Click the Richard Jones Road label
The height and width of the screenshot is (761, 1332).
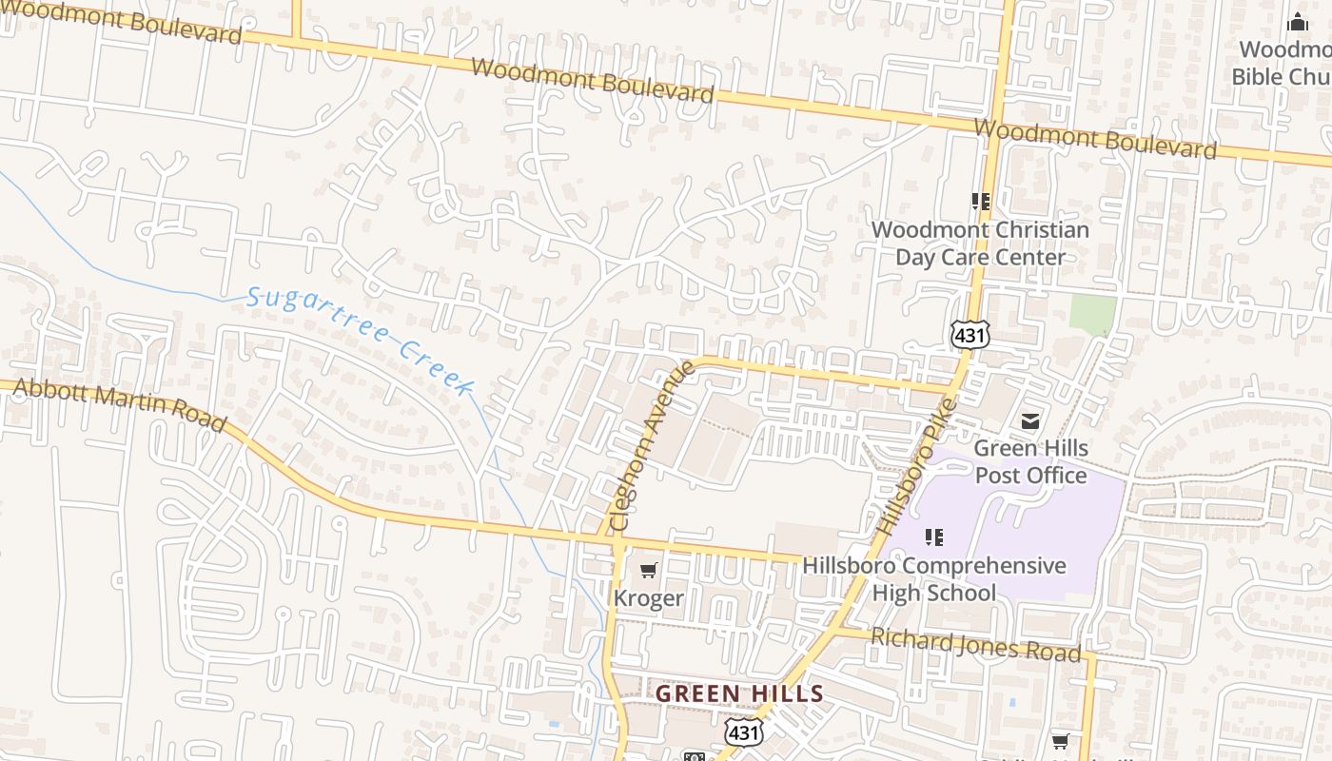pos(976,644)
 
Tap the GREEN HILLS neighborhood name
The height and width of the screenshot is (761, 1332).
pos(739,693)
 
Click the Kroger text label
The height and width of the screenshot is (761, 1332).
pos(648,598)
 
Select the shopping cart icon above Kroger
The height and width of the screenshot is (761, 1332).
pos(648,571)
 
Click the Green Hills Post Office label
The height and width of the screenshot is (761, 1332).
pos(1030,461)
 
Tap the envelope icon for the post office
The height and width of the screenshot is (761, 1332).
pos(1030,420)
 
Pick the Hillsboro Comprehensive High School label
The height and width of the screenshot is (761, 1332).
pos(933,578)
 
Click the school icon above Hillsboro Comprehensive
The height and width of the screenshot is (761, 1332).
pos(934,537)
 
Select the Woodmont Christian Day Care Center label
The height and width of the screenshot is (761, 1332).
pos(980,244)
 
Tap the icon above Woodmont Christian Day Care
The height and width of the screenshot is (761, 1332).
pos(981,202)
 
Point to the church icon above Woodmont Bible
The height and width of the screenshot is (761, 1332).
pos(1298,23)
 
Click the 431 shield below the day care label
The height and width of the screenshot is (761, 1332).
pos(970,334)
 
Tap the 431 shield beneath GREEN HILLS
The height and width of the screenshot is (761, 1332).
pos(743,732)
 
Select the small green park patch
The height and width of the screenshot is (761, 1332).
pos(1093,314)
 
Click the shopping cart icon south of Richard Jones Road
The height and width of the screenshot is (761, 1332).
pos(1061,741)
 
